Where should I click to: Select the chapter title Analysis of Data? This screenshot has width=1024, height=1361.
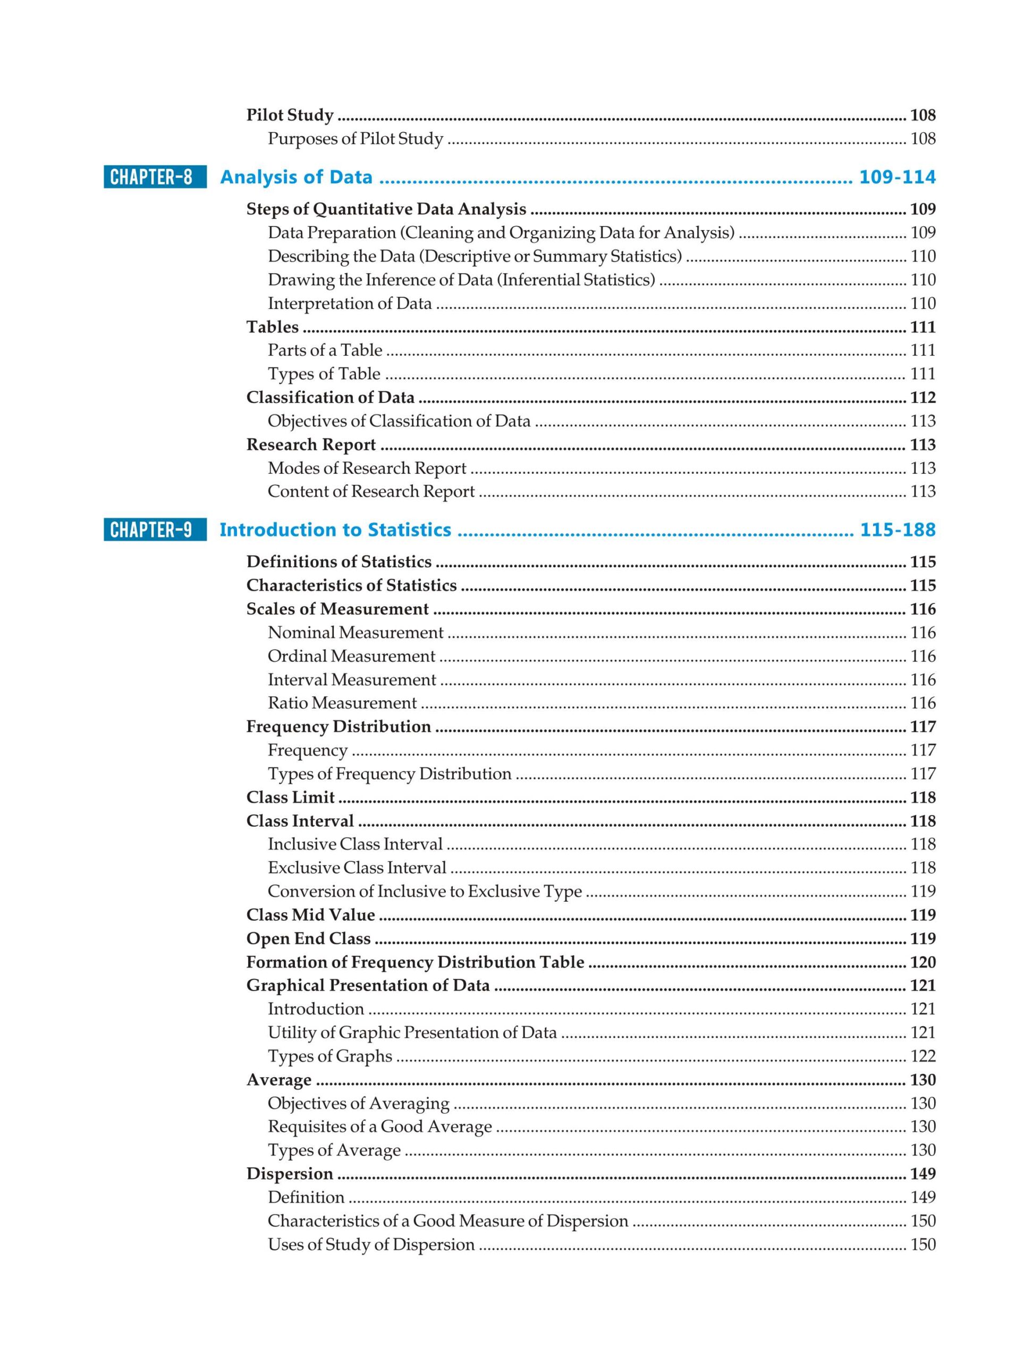(x=296, y=177)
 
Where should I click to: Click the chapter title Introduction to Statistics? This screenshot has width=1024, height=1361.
(x=335, y=530)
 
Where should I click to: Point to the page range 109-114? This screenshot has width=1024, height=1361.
(x=896, y=177)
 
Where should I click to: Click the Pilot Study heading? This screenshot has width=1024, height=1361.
(x=290, y=115)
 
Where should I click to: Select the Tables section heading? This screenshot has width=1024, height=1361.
(x=273, y=327)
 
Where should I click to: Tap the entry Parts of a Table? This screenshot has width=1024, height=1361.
(x=325, y=351)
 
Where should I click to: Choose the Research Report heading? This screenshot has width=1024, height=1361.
(x=310, y=445)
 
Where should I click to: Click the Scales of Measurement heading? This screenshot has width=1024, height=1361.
(x=337, y=609)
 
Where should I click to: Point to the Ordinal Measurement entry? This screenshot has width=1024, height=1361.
(x=351, y=657)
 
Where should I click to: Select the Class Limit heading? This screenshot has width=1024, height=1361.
(x=290, y=797)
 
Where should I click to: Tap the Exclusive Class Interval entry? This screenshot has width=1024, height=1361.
(x=357, y=868)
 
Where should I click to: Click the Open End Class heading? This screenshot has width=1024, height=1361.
(x=308, y=939)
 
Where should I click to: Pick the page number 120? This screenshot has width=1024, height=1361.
(x=923, y=962)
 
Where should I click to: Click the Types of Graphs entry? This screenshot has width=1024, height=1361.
(x=329, y=1056)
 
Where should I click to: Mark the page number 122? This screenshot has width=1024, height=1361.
(x=923, y=1056)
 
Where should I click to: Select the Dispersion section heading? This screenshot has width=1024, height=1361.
(x=290, y=1174)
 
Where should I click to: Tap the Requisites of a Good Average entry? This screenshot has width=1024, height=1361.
(x=379, y=1127)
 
